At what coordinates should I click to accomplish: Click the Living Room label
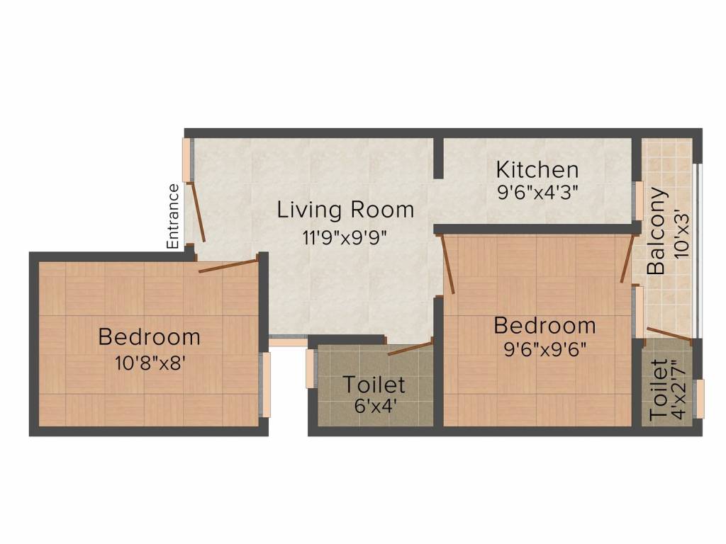(345, 210)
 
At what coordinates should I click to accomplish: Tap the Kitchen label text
(537, 170)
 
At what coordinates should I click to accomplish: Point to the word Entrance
(174, 216)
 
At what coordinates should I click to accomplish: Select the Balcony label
(657, 231)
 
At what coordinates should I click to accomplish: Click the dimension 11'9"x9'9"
(345, 237)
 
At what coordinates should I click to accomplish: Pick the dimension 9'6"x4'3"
(537, 194)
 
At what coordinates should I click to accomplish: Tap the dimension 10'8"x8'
(149, 363)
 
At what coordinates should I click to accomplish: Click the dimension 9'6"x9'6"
(544, 350)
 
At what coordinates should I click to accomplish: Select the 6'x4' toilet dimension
(374, 407)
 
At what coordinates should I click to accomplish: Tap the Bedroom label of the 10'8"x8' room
(149, 336)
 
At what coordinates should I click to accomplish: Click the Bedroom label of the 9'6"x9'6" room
(544, 326)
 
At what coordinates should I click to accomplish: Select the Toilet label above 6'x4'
(374, 385)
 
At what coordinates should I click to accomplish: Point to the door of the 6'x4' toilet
(410, 348)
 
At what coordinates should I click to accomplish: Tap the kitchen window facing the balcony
(638, 201)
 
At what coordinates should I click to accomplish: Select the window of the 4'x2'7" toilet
(700, 399)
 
